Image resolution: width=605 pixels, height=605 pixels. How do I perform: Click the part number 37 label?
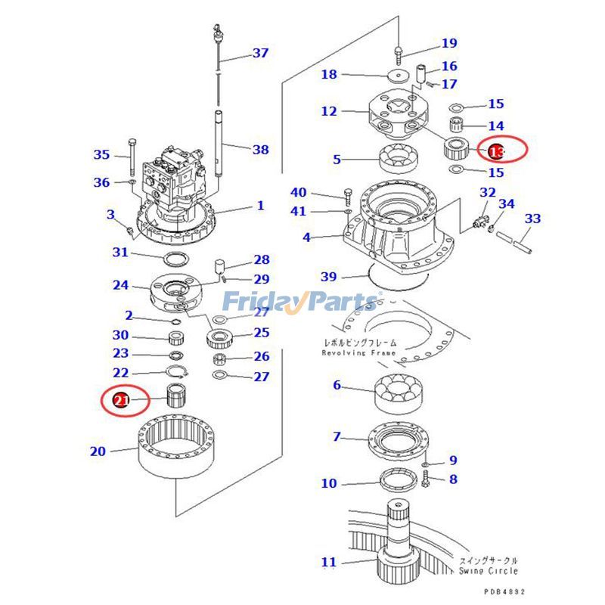click(260, 53)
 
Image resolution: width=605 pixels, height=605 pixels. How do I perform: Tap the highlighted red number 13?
click(495, 152)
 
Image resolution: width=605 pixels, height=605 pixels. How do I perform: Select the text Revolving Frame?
click(358, 353)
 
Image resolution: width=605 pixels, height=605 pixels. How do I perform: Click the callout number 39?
click(328, 277)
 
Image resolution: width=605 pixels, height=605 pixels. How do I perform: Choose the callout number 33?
click(532, 219)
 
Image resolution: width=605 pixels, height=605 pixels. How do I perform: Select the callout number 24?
click(121, 285)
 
